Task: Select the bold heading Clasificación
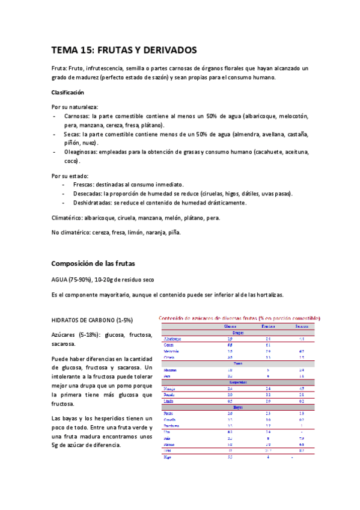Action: click(67, 93)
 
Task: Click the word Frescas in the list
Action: click(85, 184)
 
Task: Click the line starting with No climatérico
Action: click(115, 232)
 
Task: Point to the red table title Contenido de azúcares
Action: click(239, 318)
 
